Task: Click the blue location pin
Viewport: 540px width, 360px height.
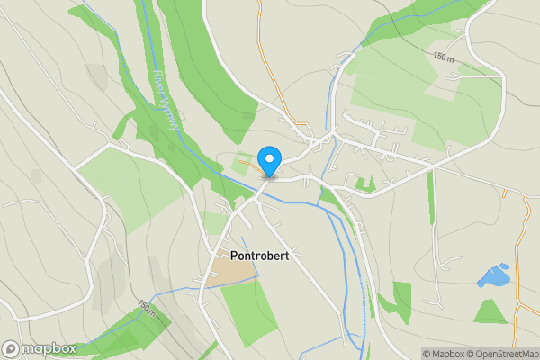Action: pyautogui.click(x=268, y=162)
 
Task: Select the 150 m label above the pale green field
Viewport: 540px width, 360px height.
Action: pyautogui.click(x=443, y=57)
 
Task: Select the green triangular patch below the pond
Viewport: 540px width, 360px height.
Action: pyautogui.click(x=490, y=312)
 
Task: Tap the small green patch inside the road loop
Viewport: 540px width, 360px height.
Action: pyautogui.click(x=364, y=184)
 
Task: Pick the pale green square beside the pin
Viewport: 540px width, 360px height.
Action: pyautogui.click(x=240, y=166)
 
